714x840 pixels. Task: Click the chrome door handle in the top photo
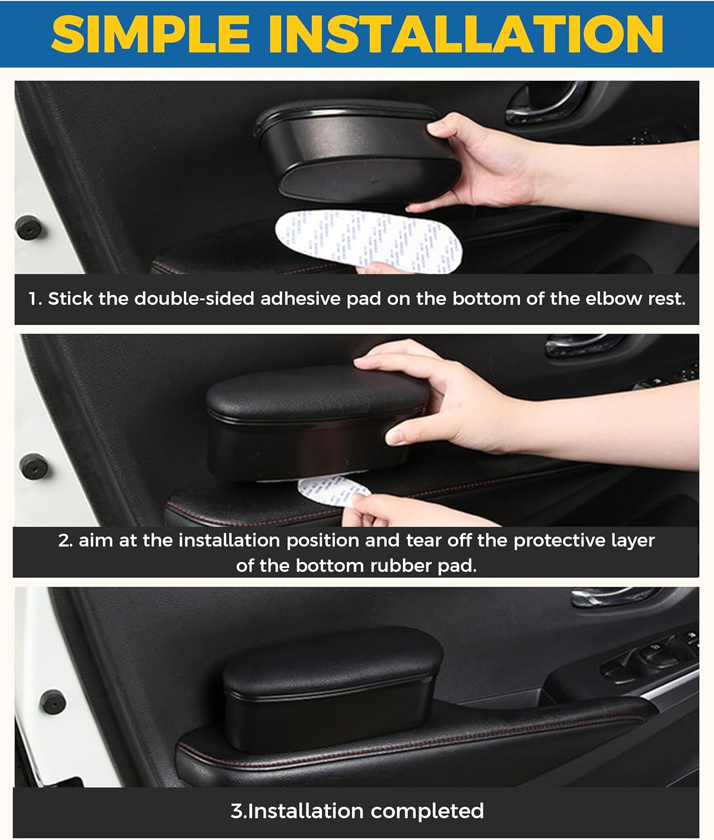click(x=546, y=104)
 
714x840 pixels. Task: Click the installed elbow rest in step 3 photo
click(x=330, y=689)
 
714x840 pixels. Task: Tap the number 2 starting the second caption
click(x=63, y=541)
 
